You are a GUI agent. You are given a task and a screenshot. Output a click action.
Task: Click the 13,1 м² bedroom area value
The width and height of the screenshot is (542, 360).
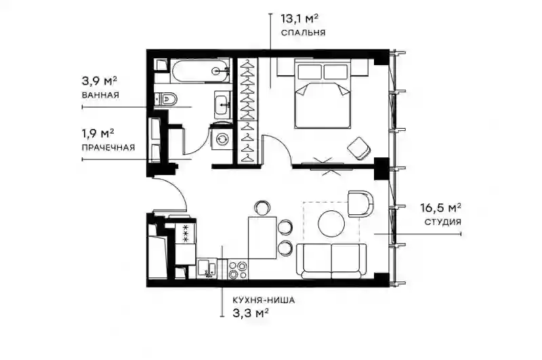pos(299,18)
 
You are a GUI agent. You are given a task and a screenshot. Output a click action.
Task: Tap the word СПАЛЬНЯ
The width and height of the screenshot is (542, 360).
pos(303,33)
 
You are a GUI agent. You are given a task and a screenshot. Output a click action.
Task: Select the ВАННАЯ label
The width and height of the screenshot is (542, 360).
pos(100,95)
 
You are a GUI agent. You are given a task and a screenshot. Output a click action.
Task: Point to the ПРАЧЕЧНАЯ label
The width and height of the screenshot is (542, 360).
pos(108,148)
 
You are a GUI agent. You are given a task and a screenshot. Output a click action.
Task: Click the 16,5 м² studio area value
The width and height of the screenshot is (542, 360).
pos(441,208)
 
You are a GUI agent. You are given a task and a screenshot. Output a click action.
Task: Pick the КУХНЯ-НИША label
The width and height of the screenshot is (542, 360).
pos(264,300)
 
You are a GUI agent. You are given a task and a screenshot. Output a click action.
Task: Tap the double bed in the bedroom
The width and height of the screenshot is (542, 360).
pos(323,94)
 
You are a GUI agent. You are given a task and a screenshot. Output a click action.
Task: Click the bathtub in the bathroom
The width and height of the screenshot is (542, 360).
pos(200,72)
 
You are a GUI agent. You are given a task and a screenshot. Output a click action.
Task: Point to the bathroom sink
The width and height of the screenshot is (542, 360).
pos(222,105)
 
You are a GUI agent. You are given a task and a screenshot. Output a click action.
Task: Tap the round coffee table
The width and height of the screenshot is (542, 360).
pos(331,224)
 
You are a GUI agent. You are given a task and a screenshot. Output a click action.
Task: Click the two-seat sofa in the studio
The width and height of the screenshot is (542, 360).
pos(331,261)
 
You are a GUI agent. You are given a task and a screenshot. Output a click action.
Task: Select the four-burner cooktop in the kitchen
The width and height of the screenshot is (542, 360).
pos(238,270)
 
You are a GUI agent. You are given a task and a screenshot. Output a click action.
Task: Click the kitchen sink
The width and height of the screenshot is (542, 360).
pos(207,268)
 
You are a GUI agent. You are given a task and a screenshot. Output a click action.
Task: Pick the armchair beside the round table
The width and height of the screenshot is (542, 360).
pos(361,203)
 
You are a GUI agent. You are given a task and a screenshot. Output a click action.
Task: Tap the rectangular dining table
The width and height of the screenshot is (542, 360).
pos(262,237)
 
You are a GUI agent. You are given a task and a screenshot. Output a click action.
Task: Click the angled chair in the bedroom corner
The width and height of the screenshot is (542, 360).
pos(360,148)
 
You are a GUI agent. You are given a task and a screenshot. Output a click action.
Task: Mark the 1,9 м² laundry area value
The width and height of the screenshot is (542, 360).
pos(98,133)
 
